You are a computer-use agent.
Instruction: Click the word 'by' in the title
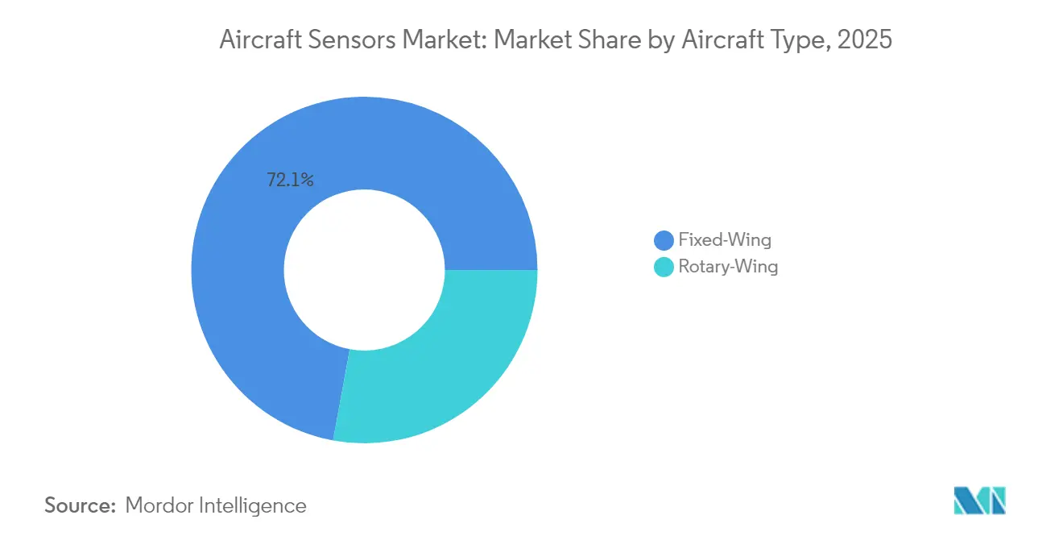654,41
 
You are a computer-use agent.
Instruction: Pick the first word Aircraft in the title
257,41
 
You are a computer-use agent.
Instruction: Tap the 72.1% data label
290,181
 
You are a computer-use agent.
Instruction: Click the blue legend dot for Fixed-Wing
664,240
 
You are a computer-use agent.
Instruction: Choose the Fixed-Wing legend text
725,239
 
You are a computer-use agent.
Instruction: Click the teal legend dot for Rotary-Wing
664,267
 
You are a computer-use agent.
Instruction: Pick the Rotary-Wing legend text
728,267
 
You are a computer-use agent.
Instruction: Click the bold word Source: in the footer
80,505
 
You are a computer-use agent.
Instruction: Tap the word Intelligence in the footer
256,505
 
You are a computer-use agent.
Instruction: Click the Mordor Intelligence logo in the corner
979,500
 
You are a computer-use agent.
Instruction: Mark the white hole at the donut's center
364,270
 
